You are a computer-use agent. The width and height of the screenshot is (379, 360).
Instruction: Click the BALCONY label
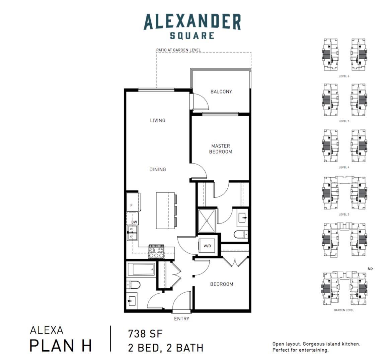tap(221, 92)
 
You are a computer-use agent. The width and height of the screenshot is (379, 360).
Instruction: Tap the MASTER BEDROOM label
tap(220, 149)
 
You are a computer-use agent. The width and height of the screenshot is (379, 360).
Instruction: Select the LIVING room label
tap(158, 120)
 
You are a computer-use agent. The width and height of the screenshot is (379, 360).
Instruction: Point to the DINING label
tap(158, 169)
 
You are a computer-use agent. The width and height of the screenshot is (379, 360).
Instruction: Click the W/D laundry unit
tap(207, 246)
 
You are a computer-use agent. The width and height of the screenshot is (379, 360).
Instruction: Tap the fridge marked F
tap(133, 202)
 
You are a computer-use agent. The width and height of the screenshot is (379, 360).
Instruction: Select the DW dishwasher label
tap(134, 222)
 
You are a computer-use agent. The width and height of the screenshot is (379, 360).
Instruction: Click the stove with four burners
tap(156, 252)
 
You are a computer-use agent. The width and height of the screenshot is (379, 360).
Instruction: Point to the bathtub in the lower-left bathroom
tap(141, 269)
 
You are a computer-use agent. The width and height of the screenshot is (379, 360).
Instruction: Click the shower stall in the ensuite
tap(207, 221)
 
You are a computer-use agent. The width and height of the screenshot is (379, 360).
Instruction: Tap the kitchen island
tap(165, 211)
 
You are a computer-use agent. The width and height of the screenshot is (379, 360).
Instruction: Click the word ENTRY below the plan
tap(181, 319)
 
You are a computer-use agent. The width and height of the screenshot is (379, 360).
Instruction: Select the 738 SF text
tap(145, 334)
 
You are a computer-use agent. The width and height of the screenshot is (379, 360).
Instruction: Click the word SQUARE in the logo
tap(192, 36)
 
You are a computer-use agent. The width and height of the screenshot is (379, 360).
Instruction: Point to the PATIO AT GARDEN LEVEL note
tap(178, 50)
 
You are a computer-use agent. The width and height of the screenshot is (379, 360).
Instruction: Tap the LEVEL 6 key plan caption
tap(344, 76)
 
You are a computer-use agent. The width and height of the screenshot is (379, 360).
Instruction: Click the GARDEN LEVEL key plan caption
tap(344, 310)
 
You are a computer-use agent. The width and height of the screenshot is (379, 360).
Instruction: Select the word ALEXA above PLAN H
tap(47, 330)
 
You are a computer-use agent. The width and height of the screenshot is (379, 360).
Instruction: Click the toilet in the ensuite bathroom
tap(241, 234)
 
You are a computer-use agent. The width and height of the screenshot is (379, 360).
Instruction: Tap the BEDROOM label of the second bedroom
tap(222, 284)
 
